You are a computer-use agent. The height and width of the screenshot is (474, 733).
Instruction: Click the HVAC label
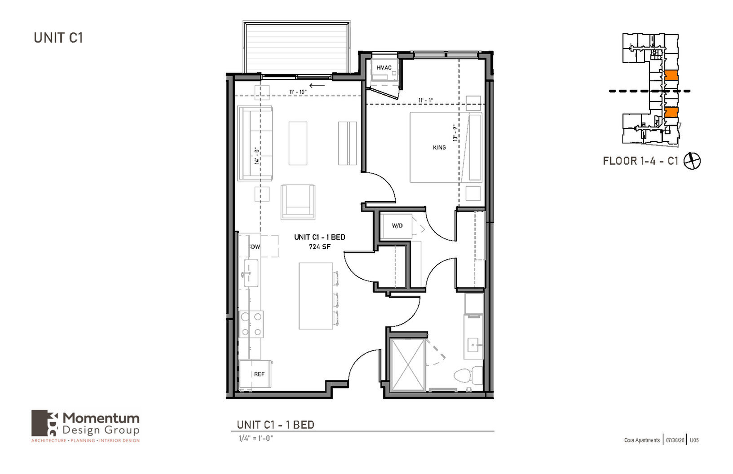point(384,68)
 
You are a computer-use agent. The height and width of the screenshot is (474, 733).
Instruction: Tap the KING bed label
point(439,148)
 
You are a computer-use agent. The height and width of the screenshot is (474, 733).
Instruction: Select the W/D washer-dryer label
point(397,226)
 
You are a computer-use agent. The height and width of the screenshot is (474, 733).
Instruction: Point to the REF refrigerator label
point(259,374)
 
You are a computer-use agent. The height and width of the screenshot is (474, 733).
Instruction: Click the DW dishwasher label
point(255,246)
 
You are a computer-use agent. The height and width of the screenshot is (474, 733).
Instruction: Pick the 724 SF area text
point(320,246)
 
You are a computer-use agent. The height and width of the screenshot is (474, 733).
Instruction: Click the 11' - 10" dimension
point(298,92)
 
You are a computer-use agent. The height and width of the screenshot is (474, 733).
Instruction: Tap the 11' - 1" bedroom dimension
point(425,101)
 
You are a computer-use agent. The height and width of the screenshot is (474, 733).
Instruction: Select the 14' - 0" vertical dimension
point(257,156)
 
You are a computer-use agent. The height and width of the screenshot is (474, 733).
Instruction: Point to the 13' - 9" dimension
point(455,132)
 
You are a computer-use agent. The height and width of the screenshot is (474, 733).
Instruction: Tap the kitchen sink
point(250,273)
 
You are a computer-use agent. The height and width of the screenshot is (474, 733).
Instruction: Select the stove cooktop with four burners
point(251,324)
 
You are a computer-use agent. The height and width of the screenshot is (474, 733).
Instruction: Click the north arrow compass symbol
point(692,161)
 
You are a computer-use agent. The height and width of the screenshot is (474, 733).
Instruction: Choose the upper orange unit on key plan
point(671,75)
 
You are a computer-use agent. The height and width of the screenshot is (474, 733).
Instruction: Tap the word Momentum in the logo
point(101,418)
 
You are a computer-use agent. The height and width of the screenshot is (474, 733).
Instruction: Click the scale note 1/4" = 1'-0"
point(256,438)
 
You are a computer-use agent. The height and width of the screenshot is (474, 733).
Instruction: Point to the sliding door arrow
point(317,86)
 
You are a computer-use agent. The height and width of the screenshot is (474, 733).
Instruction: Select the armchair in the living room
point(298,202)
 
